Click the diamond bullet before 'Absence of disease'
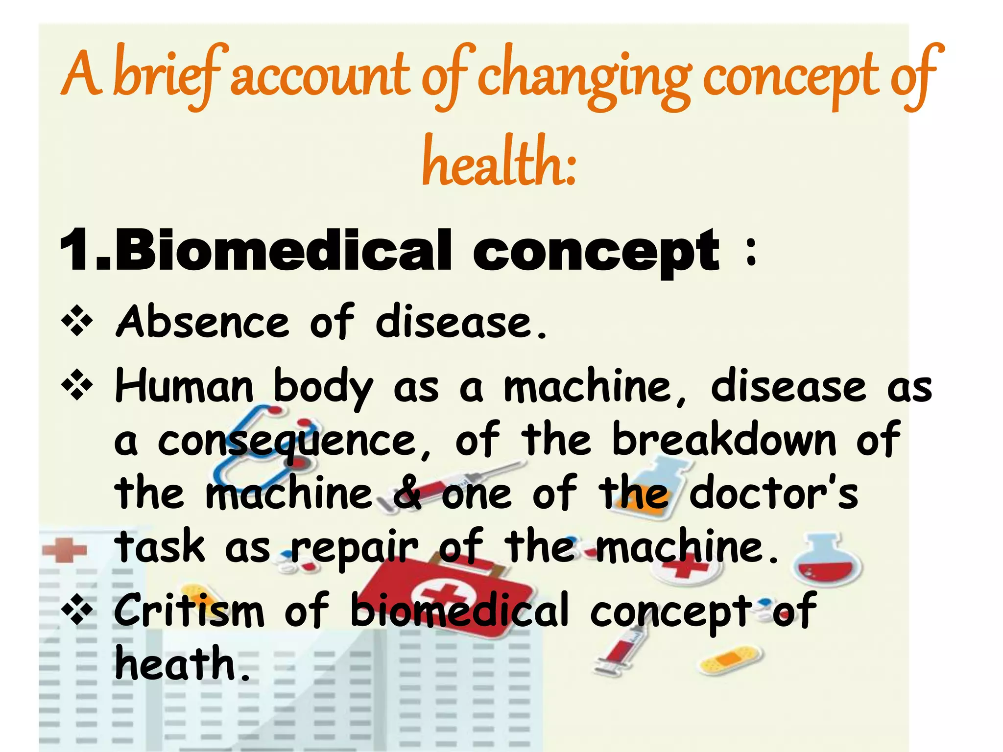point(77,322)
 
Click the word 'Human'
point(184,387)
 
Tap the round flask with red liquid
point(827,563)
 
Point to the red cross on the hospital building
point(64,550)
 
